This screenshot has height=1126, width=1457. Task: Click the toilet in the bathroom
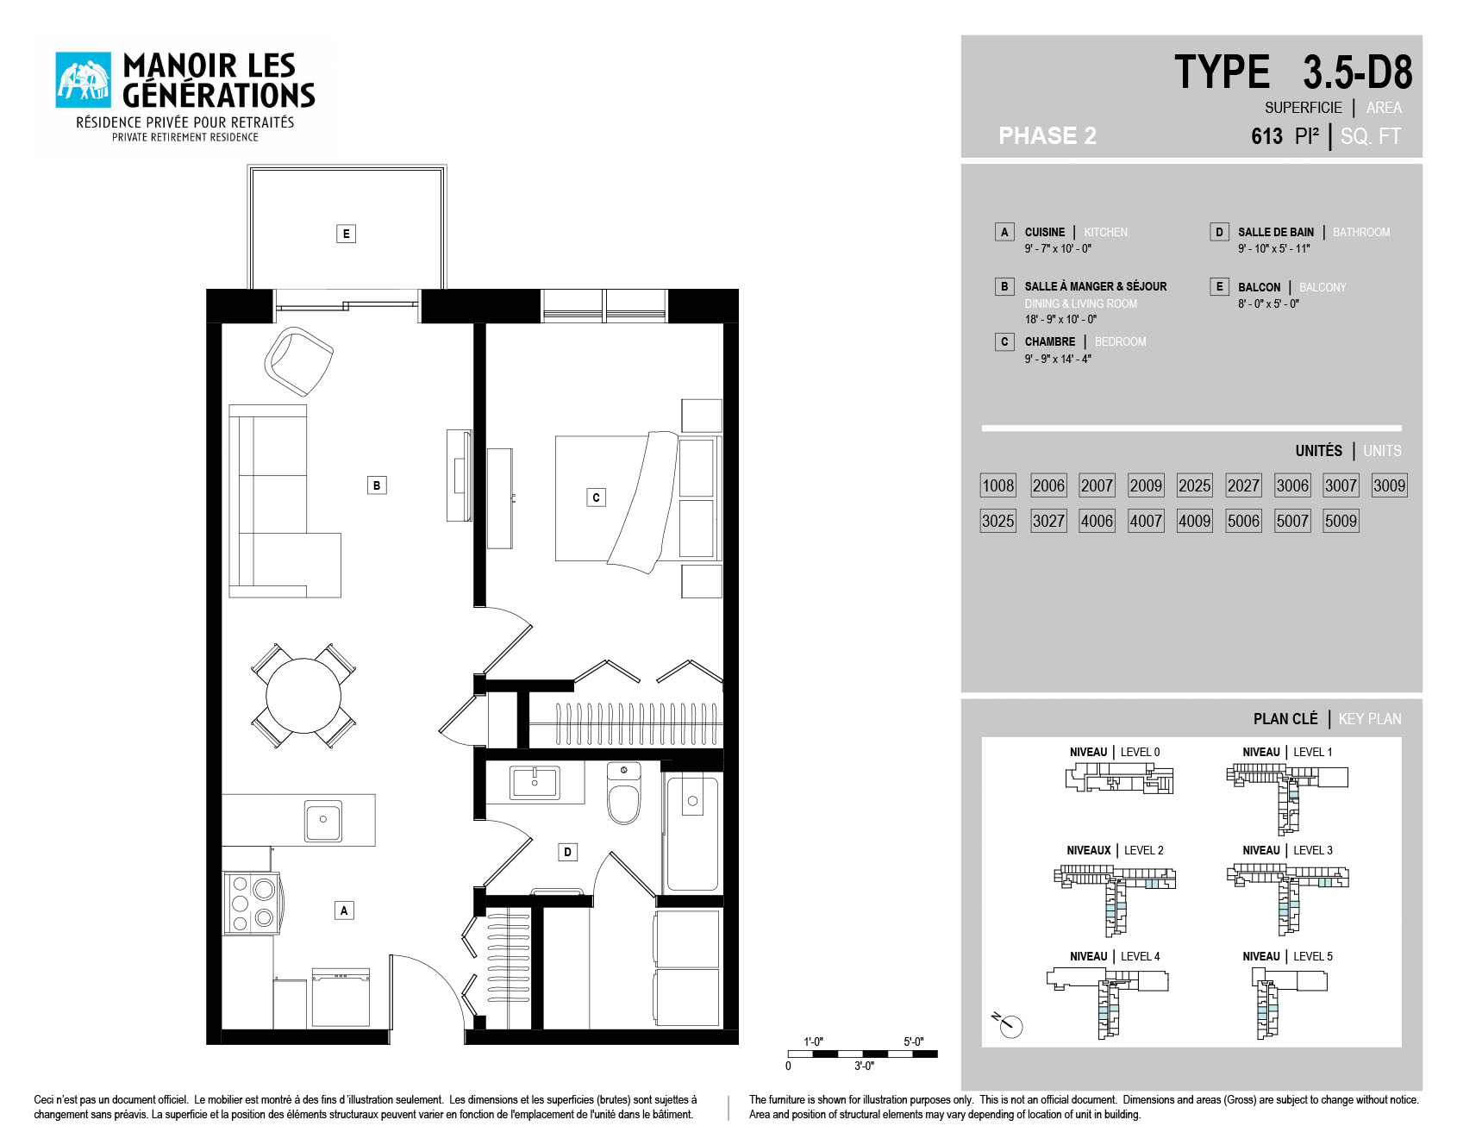[x=623, y=793]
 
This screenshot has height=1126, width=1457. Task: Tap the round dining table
[x=303, y=695]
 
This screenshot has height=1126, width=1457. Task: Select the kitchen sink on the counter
[x=323, y=820]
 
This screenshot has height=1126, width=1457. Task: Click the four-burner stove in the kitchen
[x=252, y=903]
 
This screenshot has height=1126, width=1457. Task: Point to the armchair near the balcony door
[x=298, y=360]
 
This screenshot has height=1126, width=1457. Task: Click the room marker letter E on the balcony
[x=346, y=234]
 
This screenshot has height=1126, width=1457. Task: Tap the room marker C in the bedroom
[x=596, y=497]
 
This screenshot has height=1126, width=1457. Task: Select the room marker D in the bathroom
[x=567, y=852]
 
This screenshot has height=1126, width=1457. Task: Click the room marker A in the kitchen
[x=344, y=910]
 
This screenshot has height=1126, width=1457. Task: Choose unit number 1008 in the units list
[x=998, y=485]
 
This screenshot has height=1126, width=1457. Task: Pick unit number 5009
[x=1341, y=521]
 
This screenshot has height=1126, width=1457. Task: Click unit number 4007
[x=1146, y=521]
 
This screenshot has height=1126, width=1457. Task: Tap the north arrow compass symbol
[x=1008, y=1024]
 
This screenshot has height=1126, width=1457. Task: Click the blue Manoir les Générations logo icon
[x=84, y=80]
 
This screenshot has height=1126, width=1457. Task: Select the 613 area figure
[x=1266, y=136]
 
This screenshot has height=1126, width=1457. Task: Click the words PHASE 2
[x=1047, y=136]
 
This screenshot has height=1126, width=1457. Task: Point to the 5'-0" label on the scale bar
[x=913, y=1042]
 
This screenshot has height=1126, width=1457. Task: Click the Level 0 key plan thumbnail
[x=1119, y=779]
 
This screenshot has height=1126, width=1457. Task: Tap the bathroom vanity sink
[x=535, y=783]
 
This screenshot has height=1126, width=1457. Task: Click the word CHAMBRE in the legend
[x=1049, y=341]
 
